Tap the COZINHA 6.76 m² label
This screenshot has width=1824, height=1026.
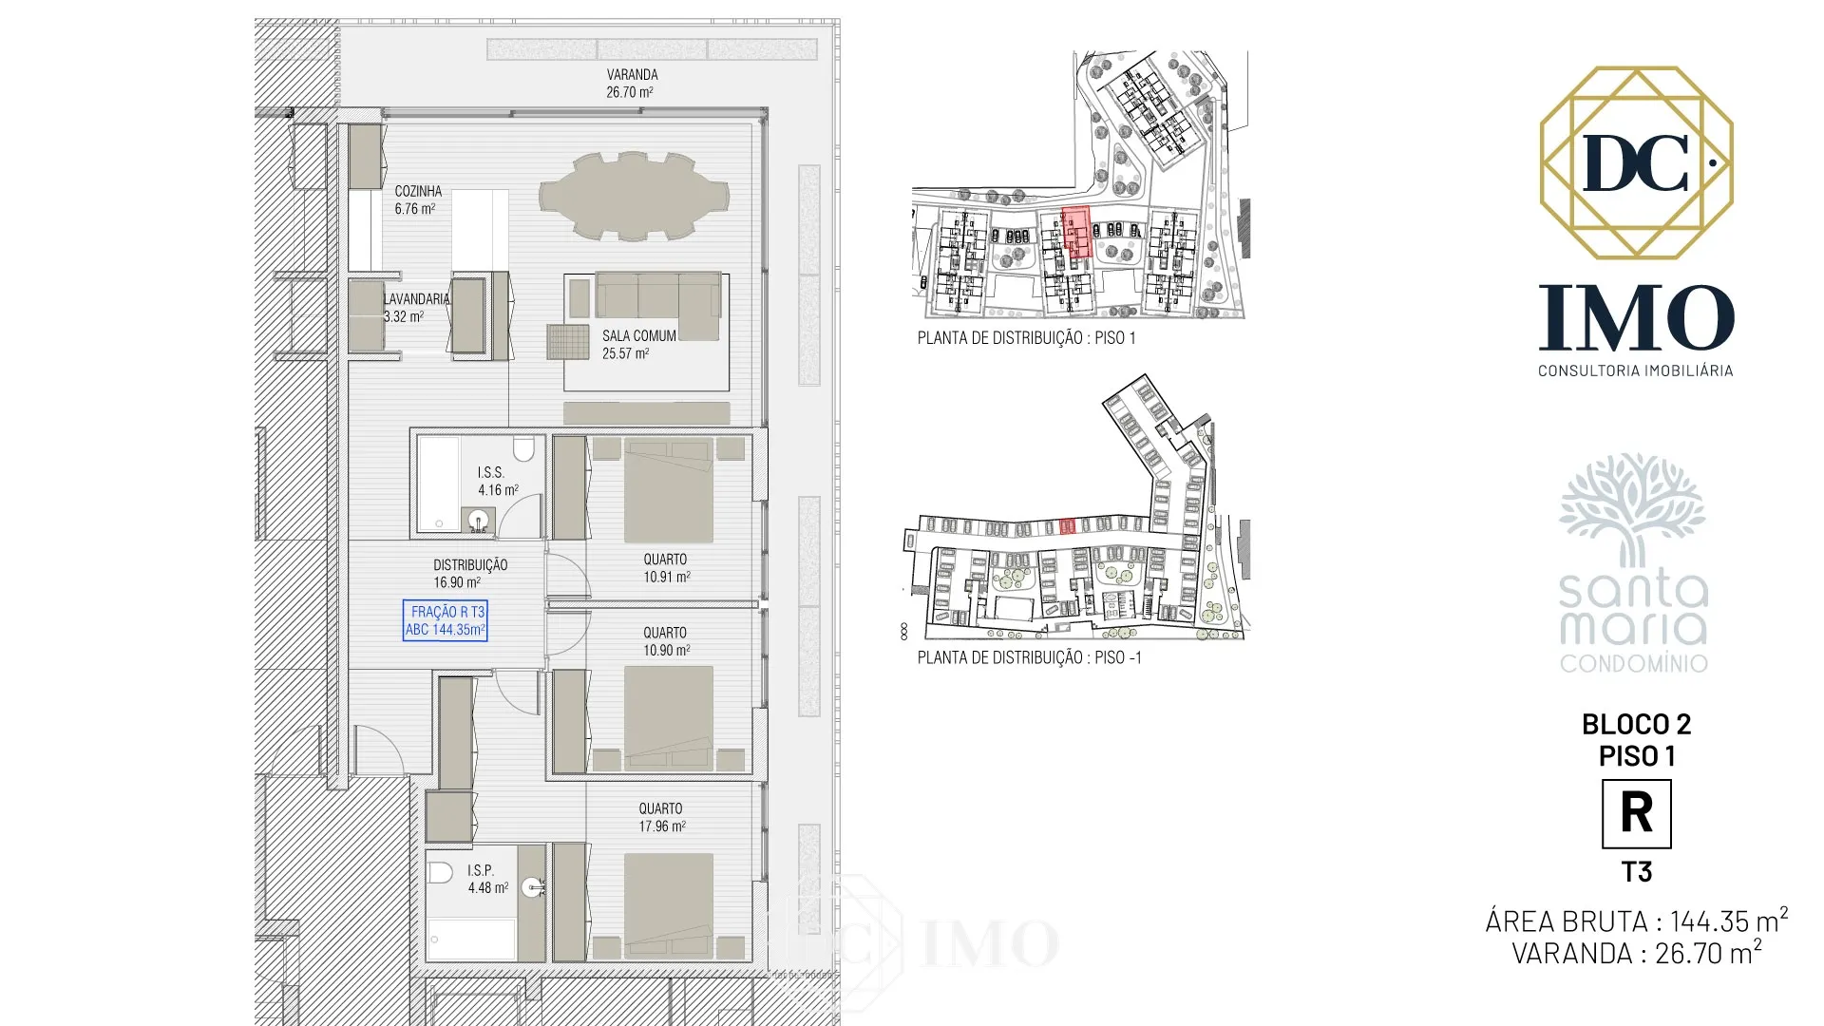[x=418, y=199]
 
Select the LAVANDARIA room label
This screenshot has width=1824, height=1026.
[x=416, y=298]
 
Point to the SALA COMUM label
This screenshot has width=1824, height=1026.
[x=639, y=335]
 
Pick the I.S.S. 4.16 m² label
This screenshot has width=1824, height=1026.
[x=498, y=481]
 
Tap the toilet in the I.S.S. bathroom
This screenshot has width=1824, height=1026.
[x=523, y=448]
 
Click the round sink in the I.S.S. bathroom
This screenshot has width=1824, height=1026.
[x=479, y=520]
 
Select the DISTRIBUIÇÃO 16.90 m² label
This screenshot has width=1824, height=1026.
[x=470, y=573]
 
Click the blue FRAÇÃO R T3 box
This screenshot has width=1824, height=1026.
[x=446, y=620]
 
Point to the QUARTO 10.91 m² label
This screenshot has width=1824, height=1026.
[x=665, y=568]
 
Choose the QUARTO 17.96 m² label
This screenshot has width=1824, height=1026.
[x=661, y=817]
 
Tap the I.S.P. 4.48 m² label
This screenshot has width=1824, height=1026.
[x=487, y=879]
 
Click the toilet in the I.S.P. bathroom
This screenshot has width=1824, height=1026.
[x=440, y=872]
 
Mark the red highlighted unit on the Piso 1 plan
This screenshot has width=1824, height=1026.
[x=1075, y=232]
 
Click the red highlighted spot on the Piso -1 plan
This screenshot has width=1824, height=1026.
[x=1067, y=525]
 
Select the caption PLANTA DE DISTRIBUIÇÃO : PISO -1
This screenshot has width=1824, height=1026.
[x=1030, y=657]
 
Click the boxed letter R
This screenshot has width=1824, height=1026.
[x=1637, y=814]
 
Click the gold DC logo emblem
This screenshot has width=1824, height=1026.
[x=1637, y=162]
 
